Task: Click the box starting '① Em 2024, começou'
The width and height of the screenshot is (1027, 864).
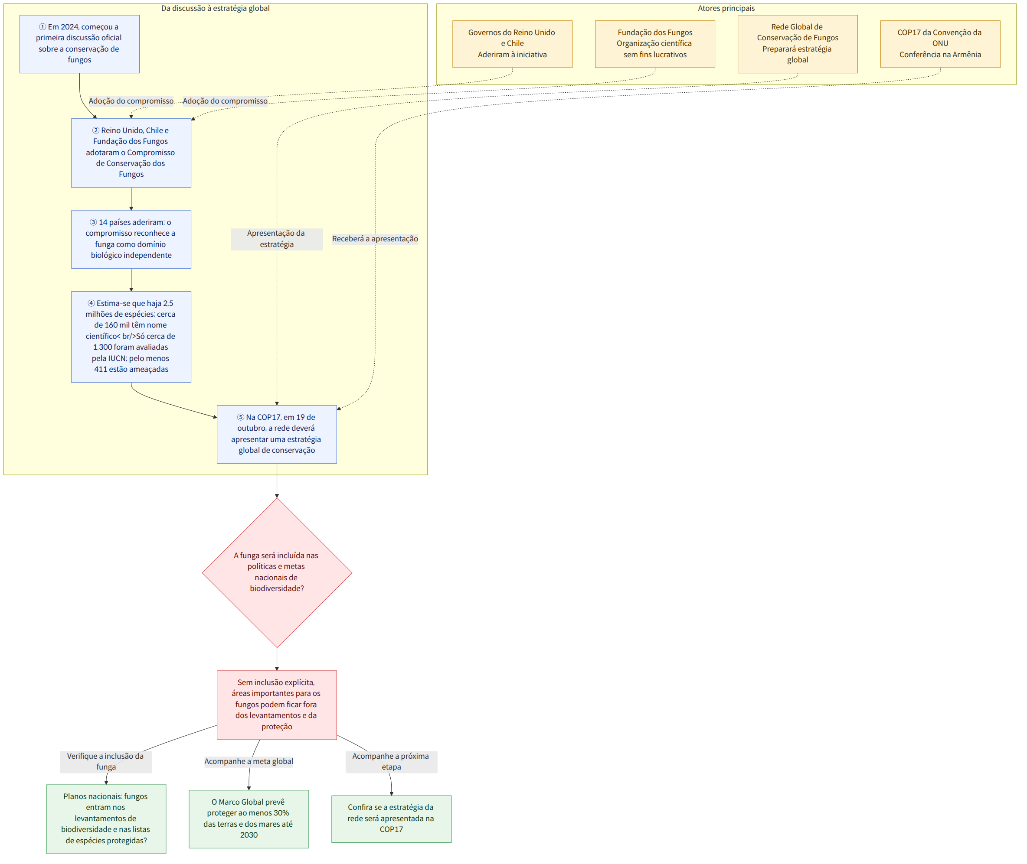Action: coord(79,44)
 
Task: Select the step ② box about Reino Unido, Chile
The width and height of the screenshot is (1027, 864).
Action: coord(131,153)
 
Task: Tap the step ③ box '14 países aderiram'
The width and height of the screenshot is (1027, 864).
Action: coord(131,240)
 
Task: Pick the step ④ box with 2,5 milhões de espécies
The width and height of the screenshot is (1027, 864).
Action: coord(131,337)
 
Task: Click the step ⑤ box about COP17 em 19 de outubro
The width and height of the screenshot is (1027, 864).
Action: coord(277,435)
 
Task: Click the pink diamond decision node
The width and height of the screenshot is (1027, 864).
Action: coord(277,572)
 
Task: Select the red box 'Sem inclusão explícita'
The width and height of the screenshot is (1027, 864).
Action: coord(277,705)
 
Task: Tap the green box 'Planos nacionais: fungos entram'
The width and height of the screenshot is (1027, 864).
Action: coord(106,819)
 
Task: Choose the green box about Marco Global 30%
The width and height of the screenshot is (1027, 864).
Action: coord(249,819)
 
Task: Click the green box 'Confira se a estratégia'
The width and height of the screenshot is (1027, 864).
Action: coord(392,819)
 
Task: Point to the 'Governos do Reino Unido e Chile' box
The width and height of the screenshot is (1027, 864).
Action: coord(512,44)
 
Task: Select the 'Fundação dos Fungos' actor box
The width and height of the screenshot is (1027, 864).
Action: coord(655,44)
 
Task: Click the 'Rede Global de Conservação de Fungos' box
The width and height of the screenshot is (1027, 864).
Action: coord(798,44)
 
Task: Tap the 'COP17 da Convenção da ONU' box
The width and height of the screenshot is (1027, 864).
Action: coord(940,44)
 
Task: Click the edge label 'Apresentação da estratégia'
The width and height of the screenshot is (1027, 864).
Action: coord(277,239)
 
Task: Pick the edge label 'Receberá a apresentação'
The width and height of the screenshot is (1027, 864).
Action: coord(375,239)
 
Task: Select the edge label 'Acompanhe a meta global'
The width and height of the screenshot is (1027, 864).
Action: coord(249,761)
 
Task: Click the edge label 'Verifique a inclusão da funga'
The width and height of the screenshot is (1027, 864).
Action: coord(106,762)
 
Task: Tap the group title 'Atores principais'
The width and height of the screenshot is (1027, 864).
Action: coord(726,8)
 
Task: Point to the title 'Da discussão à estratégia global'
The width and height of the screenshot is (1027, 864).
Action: coord(215,8)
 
